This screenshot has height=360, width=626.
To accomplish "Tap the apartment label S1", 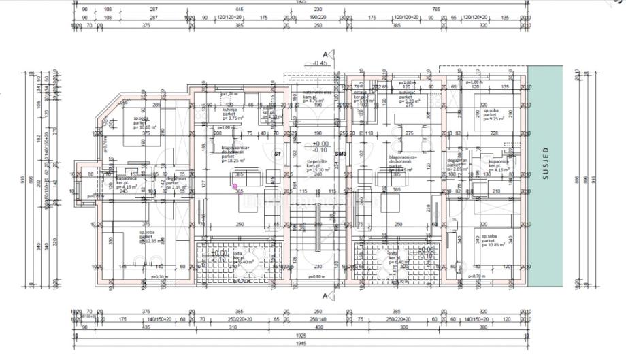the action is pyautogui.click(x=278, y=154).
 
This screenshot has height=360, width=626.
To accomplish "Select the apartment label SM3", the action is pyautogui.click(x=341, y=154).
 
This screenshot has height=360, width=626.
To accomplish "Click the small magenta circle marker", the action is pyautogui.click(x=235, y=186).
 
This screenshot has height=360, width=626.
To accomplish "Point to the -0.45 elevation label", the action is pyautogui.click(x=320, y=63).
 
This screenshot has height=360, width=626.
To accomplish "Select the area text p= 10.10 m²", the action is pyautogui.click(x=146, y=127).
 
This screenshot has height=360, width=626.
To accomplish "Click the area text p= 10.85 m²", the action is pyautogui.click(x=493, y=244).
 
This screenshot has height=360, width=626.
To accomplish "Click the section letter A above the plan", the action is pyautogui.click(x=326, y=54).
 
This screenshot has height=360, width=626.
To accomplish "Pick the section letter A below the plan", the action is pyautogui.click(x=326, y=297).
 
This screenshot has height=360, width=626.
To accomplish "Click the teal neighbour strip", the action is pyautogui.click(x=545, y=225).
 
